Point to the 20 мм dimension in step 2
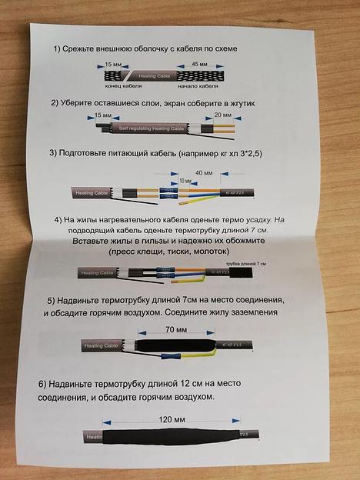[x=222, y=114]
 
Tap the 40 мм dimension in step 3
[x=205, y=172]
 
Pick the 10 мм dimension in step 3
[x=185, y=180]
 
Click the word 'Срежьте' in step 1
[x=92, y=48]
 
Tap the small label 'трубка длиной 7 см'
[x=248, y=264]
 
